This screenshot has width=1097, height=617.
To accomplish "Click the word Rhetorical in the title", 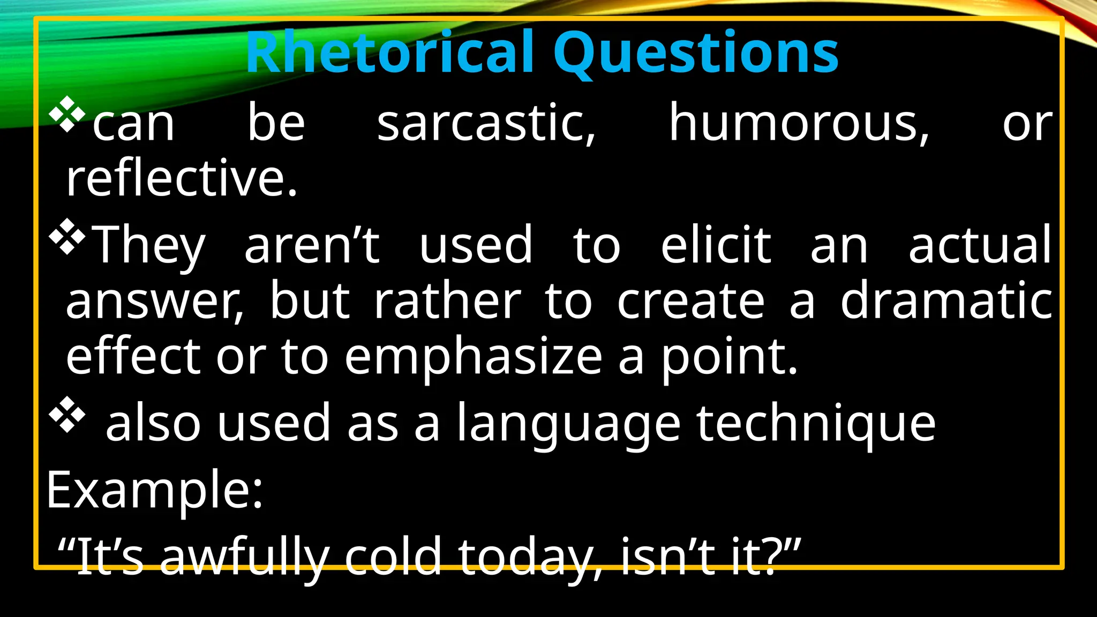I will (390, 52).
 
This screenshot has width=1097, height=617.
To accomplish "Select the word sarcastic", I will (486, 124).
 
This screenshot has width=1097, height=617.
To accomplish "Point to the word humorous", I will (799, 124).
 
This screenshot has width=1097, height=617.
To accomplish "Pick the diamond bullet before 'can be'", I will (67, 114).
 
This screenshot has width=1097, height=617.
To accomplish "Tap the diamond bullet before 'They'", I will (67, 236).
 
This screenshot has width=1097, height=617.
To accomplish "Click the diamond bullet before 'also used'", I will (67, 414).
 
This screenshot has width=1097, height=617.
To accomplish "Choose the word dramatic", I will (946, 301).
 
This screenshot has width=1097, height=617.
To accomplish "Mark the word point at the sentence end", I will (728, 358).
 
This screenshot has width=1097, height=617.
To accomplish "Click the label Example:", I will (155, 490).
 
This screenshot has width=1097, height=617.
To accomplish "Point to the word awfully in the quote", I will (244, 557).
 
